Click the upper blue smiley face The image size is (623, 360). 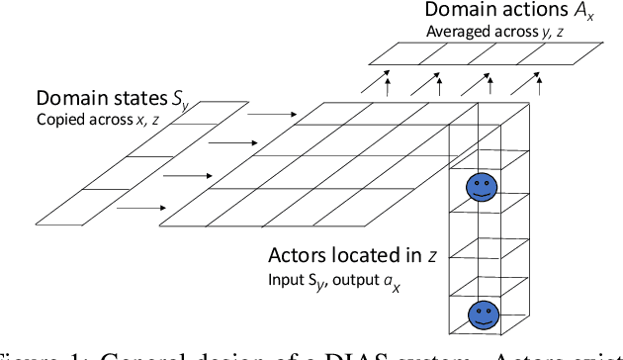coord(483,186)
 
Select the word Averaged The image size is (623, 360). coord(459,32)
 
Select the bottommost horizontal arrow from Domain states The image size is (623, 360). coord(146,209)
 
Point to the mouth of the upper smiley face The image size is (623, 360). coord(483,193)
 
